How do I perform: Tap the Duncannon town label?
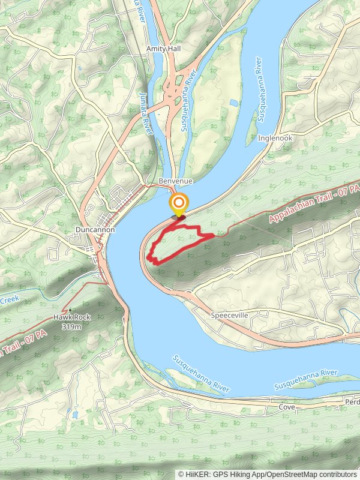[x=95, y=229]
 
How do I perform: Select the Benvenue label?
[x=175, y=181]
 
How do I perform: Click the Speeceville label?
[x=230, y=314]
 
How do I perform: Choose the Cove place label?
[x=287, y=407]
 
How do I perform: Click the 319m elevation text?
[x=71, y=327]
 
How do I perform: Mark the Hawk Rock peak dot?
[x=70, y=311]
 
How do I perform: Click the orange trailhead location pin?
[x=178, y=204]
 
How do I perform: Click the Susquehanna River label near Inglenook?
[x=259, y=91]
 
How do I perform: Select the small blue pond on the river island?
[x=233, y=103]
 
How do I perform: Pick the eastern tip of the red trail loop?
[x=213, y=237]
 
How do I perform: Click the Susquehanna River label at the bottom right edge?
[x=306, y=379]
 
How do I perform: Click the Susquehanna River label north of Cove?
[x=202, y=374]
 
